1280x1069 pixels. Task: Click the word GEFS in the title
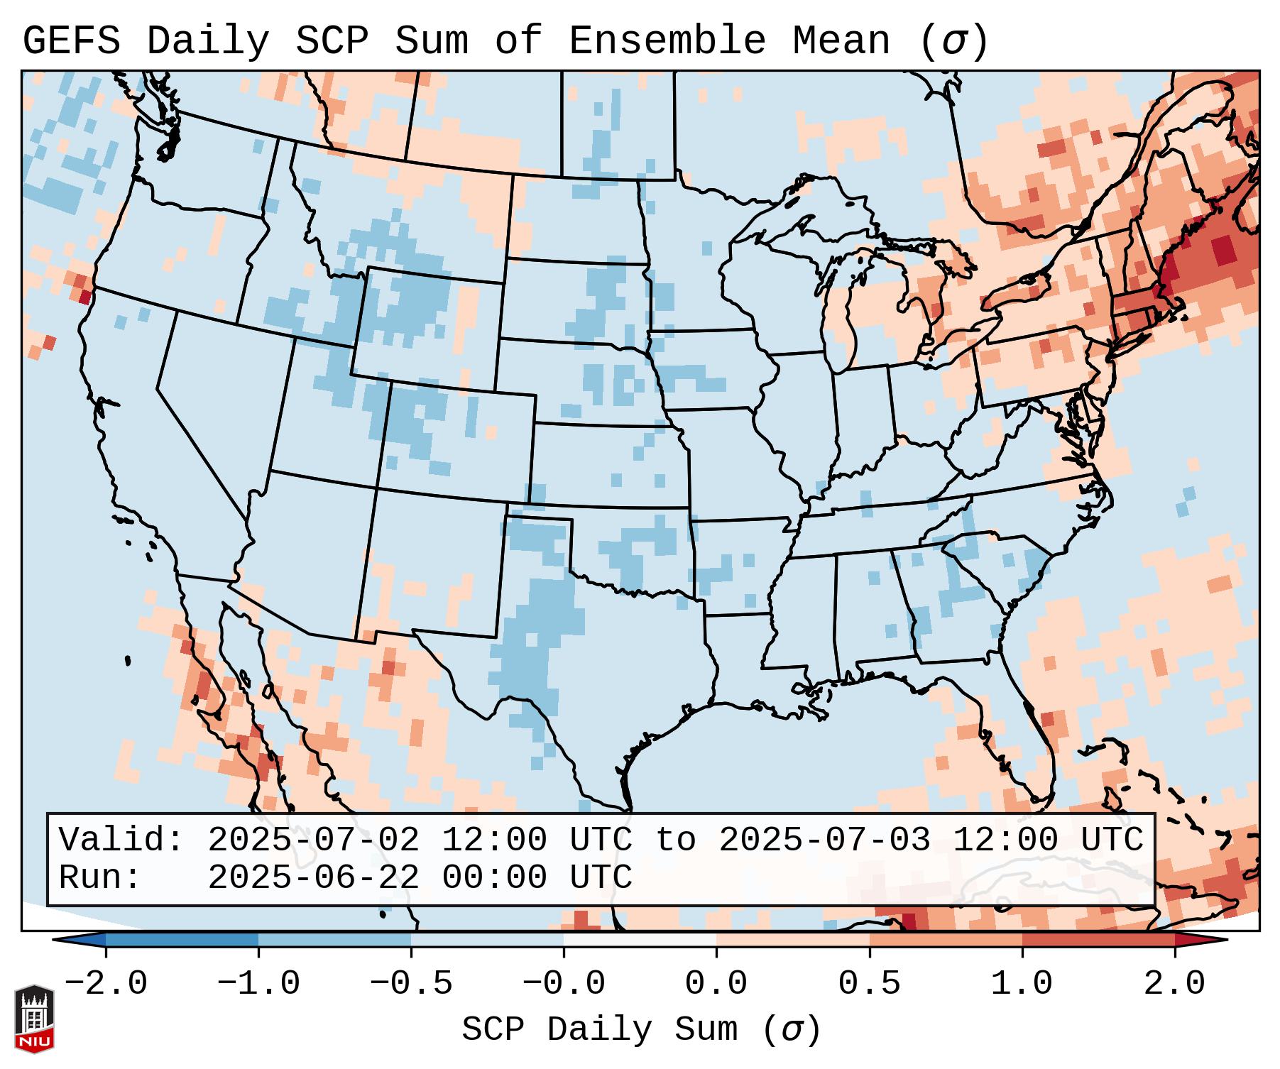pos(71,41)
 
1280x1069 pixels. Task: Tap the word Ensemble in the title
pos(667,41)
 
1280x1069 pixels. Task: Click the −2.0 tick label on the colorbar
pos(106,984)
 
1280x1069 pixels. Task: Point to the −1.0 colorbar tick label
pos(258,984)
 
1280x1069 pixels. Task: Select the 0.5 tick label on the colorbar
pos(869,984)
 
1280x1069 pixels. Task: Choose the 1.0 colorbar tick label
pos(1022,984)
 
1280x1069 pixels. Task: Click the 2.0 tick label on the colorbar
pos(1174,984)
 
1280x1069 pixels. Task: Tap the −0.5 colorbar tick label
pos(411,984)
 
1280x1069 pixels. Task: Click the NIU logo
pos(34,1019)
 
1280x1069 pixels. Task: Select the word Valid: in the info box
pos(121,840)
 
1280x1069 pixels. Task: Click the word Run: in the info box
pos(100,878)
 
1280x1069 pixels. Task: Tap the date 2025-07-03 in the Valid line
pos(824,840)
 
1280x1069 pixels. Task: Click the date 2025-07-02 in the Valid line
pos(313,840)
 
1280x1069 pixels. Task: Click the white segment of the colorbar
pos(640,940)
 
